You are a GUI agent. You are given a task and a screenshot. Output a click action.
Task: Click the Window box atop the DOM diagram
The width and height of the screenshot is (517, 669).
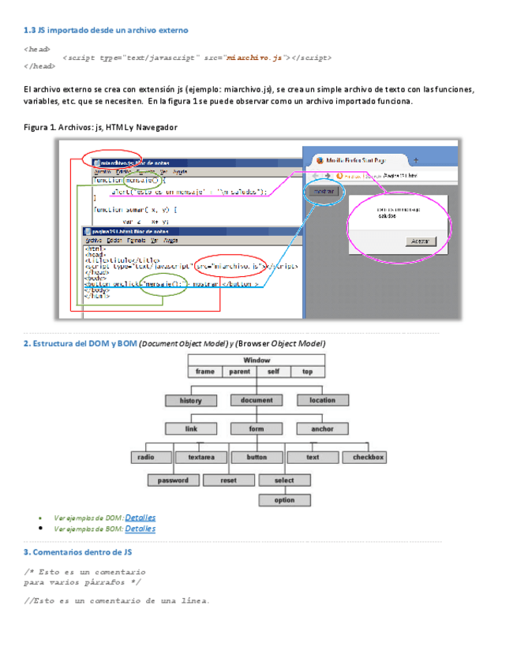[257, 360]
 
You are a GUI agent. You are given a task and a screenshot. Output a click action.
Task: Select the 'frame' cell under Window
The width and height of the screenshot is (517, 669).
[205, 371]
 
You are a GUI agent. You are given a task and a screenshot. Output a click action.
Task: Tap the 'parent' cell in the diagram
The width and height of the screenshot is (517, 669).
[240, 371]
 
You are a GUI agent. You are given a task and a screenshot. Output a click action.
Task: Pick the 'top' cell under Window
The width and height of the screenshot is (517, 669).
[307, 371]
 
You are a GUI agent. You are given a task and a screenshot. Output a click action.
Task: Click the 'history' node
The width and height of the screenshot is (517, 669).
[191, 401]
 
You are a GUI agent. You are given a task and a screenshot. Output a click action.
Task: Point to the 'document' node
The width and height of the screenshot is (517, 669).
[257, 401]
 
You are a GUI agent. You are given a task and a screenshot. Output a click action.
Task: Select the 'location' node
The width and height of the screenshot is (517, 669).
[322, 401]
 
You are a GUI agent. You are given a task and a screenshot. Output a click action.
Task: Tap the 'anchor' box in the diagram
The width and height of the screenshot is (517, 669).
[322, 429]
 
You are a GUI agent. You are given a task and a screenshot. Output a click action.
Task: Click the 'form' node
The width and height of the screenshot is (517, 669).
[257, 429]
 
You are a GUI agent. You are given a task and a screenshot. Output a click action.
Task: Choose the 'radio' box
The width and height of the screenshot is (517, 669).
[145, 457]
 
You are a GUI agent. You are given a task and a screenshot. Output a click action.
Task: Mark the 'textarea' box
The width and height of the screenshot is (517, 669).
[201, 457]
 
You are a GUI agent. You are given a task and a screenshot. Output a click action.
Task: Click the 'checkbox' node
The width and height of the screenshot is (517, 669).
[368, 457]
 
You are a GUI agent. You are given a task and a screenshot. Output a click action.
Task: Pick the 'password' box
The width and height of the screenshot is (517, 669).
[173, 480]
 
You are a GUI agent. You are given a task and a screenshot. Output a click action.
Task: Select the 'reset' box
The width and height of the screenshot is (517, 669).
[228, 480]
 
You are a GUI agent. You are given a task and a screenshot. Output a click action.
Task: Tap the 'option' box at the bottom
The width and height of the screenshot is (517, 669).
[284, 500]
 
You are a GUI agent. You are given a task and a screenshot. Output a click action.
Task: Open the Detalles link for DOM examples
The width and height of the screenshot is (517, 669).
[140, 518]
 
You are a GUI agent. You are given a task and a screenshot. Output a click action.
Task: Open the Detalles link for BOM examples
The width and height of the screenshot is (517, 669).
[140, 529]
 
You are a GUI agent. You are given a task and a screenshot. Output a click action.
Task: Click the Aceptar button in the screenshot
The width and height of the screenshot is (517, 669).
[420, 241]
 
